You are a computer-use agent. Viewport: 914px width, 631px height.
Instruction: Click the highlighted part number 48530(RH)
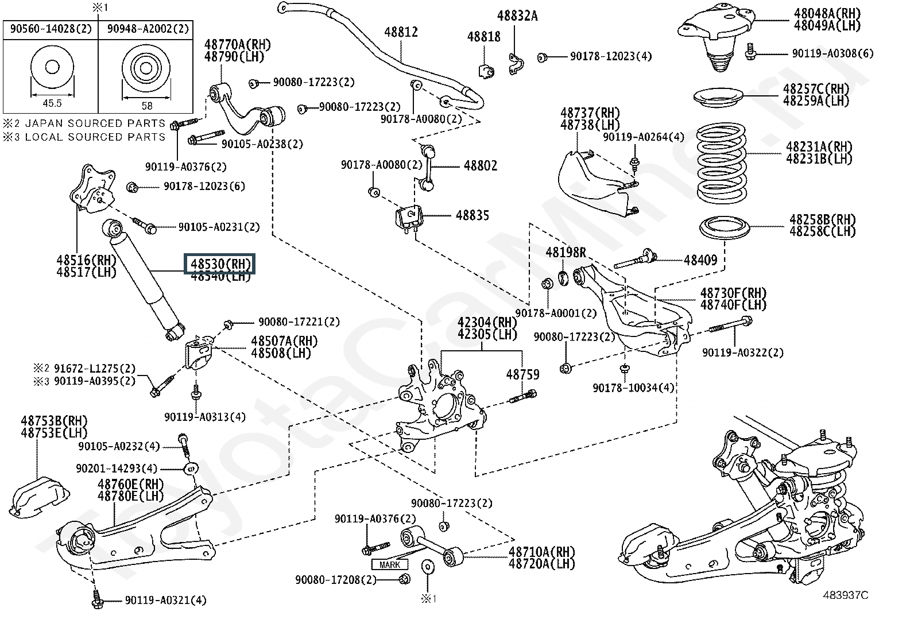tap(220, 264)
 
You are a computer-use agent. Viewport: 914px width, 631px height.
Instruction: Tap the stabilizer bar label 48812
tap(401, 33)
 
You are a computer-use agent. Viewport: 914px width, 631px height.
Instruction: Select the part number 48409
tap(700, 260)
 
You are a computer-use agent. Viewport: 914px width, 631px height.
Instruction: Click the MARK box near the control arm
tap(390, 565)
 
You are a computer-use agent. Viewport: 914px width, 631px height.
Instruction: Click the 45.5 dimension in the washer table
tap(52, 103)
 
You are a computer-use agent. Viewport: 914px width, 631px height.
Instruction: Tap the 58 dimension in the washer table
tap(147, 106)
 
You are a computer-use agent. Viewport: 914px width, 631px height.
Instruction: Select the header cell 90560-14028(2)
tap(51, 29)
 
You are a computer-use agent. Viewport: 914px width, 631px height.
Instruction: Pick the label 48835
tap(473, 215)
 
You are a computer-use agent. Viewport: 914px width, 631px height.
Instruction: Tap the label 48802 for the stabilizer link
tap(481, 166)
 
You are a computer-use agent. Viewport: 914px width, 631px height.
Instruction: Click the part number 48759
tap(522, 374)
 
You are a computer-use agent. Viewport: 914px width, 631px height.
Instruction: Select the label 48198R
tap(566, 252)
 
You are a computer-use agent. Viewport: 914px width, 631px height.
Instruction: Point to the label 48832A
tap(517, 16)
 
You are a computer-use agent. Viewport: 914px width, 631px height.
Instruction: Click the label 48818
tap(483, 37)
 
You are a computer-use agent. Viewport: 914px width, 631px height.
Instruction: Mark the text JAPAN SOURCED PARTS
tap(95, 123)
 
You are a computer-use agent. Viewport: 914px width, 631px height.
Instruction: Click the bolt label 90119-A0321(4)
tap(165, 601)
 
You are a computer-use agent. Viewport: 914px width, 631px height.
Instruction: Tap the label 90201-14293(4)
tap(116, 469)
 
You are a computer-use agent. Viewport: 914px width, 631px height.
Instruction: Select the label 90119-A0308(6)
tap(832, 53)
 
